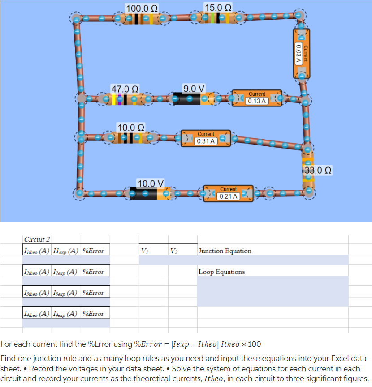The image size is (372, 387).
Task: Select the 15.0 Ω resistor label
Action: click(218, 8)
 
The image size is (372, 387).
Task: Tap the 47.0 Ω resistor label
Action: click(125, 89)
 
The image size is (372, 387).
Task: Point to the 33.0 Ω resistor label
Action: click(318, 170)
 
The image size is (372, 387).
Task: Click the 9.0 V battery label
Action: click(194, 88)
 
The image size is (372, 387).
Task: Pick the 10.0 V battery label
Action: click(151, 183)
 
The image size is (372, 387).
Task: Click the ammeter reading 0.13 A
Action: click(257, 98)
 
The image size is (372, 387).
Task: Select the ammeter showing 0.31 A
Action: click(206, 138)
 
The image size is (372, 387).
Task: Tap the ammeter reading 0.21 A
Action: click(229, 193)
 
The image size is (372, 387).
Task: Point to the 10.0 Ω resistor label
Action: click(131, 128)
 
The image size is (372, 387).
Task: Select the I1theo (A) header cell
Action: click(37, 251)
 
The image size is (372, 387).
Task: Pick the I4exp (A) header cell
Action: click(66, 314)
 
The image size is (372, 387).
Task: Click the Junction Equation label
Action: click(225, 251)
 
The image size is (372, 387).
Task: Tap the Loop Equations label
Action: click(222, 272)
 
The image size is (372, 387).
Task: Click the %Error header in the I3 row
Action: click(94, 293)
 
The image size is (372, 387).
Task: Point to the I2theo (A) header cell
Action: click(37, 272)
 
